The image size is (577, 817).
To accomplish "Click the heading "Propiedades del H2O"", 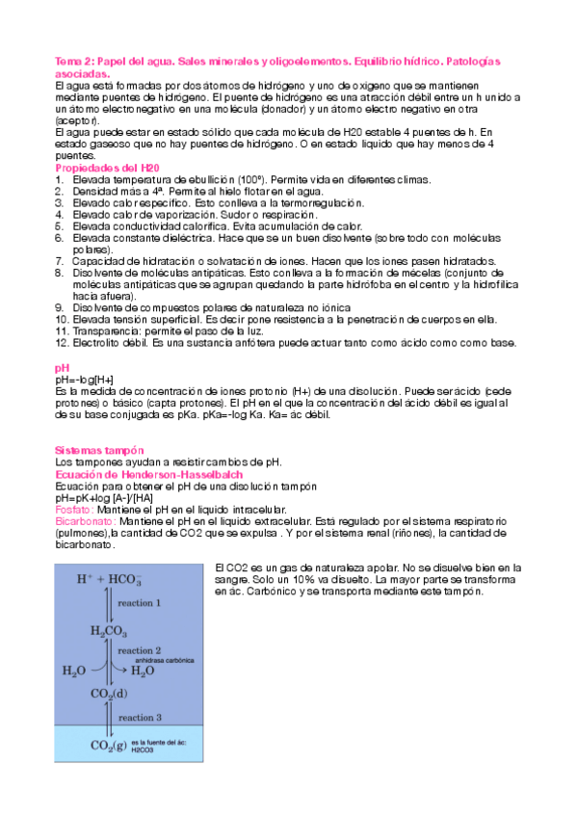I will point(108,168).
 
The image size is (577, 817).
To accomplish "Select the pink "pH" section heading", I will point(63,369).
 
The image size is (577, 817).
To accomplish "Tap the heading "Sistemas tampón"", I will point(99,451).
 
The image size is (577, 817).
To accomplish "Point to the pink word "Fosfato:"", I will point(74,509).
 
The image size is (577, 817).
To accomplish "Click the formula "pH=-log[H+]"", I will point(85,381).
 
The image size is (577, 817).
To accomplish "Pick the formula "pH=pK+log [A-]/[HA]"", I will point(104,497).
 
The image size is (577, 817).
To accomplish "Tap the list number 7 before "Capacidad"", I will point(61,261).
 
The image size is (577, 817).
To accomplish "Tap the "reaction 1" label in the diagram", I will point(139,603).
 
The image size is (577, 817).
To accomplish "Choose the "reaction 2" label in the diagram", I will point(139,651).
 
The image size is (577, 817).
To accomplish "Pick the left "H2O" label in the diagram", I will point(75,671).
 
